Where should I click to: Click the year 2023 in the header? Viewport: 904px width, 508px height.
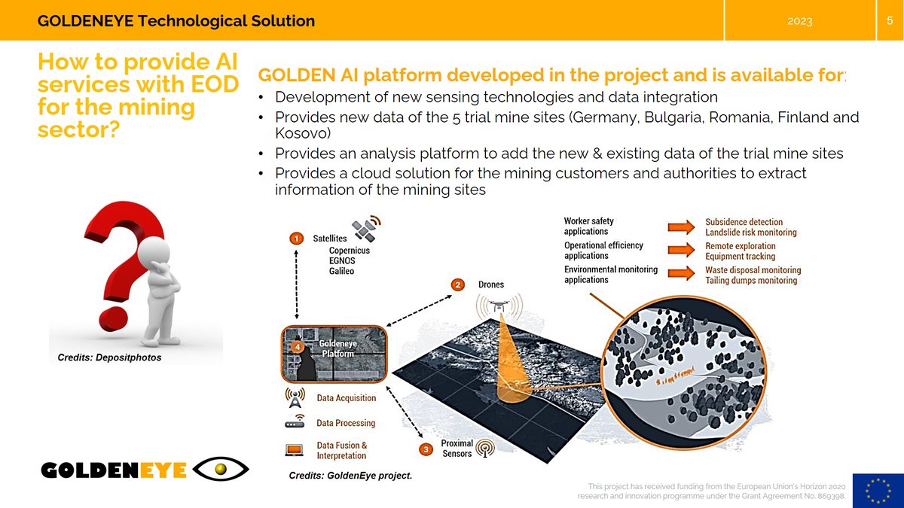799,21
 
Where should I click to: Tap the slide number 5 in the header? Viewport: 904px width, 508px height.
890,20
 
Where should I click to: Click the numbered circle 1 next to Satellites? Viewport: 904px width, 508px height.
298,238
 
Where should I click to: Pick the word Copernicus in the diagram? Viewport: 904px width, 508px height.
350,251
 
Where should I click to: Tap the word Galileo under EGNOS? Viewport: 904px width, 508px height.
341,271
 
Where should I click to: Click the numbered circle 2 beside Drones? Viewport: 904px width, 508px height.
457,284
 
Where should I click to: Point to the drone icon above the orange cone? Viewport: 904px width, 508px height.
495,306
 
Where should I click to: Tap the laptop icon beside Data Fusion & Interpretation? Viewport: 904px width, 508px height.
294,449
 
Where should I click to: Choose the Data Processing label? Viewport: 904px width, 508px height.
345,423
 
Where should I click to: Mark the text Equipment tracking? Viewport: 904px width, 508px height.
740,257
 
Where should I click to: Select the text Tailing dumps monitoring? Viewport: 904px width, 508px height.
750,281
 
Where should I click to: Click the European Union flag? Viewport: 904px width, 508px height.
878,491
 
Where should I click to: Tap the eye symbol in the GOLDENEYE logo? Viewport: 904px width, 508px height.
221,470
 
